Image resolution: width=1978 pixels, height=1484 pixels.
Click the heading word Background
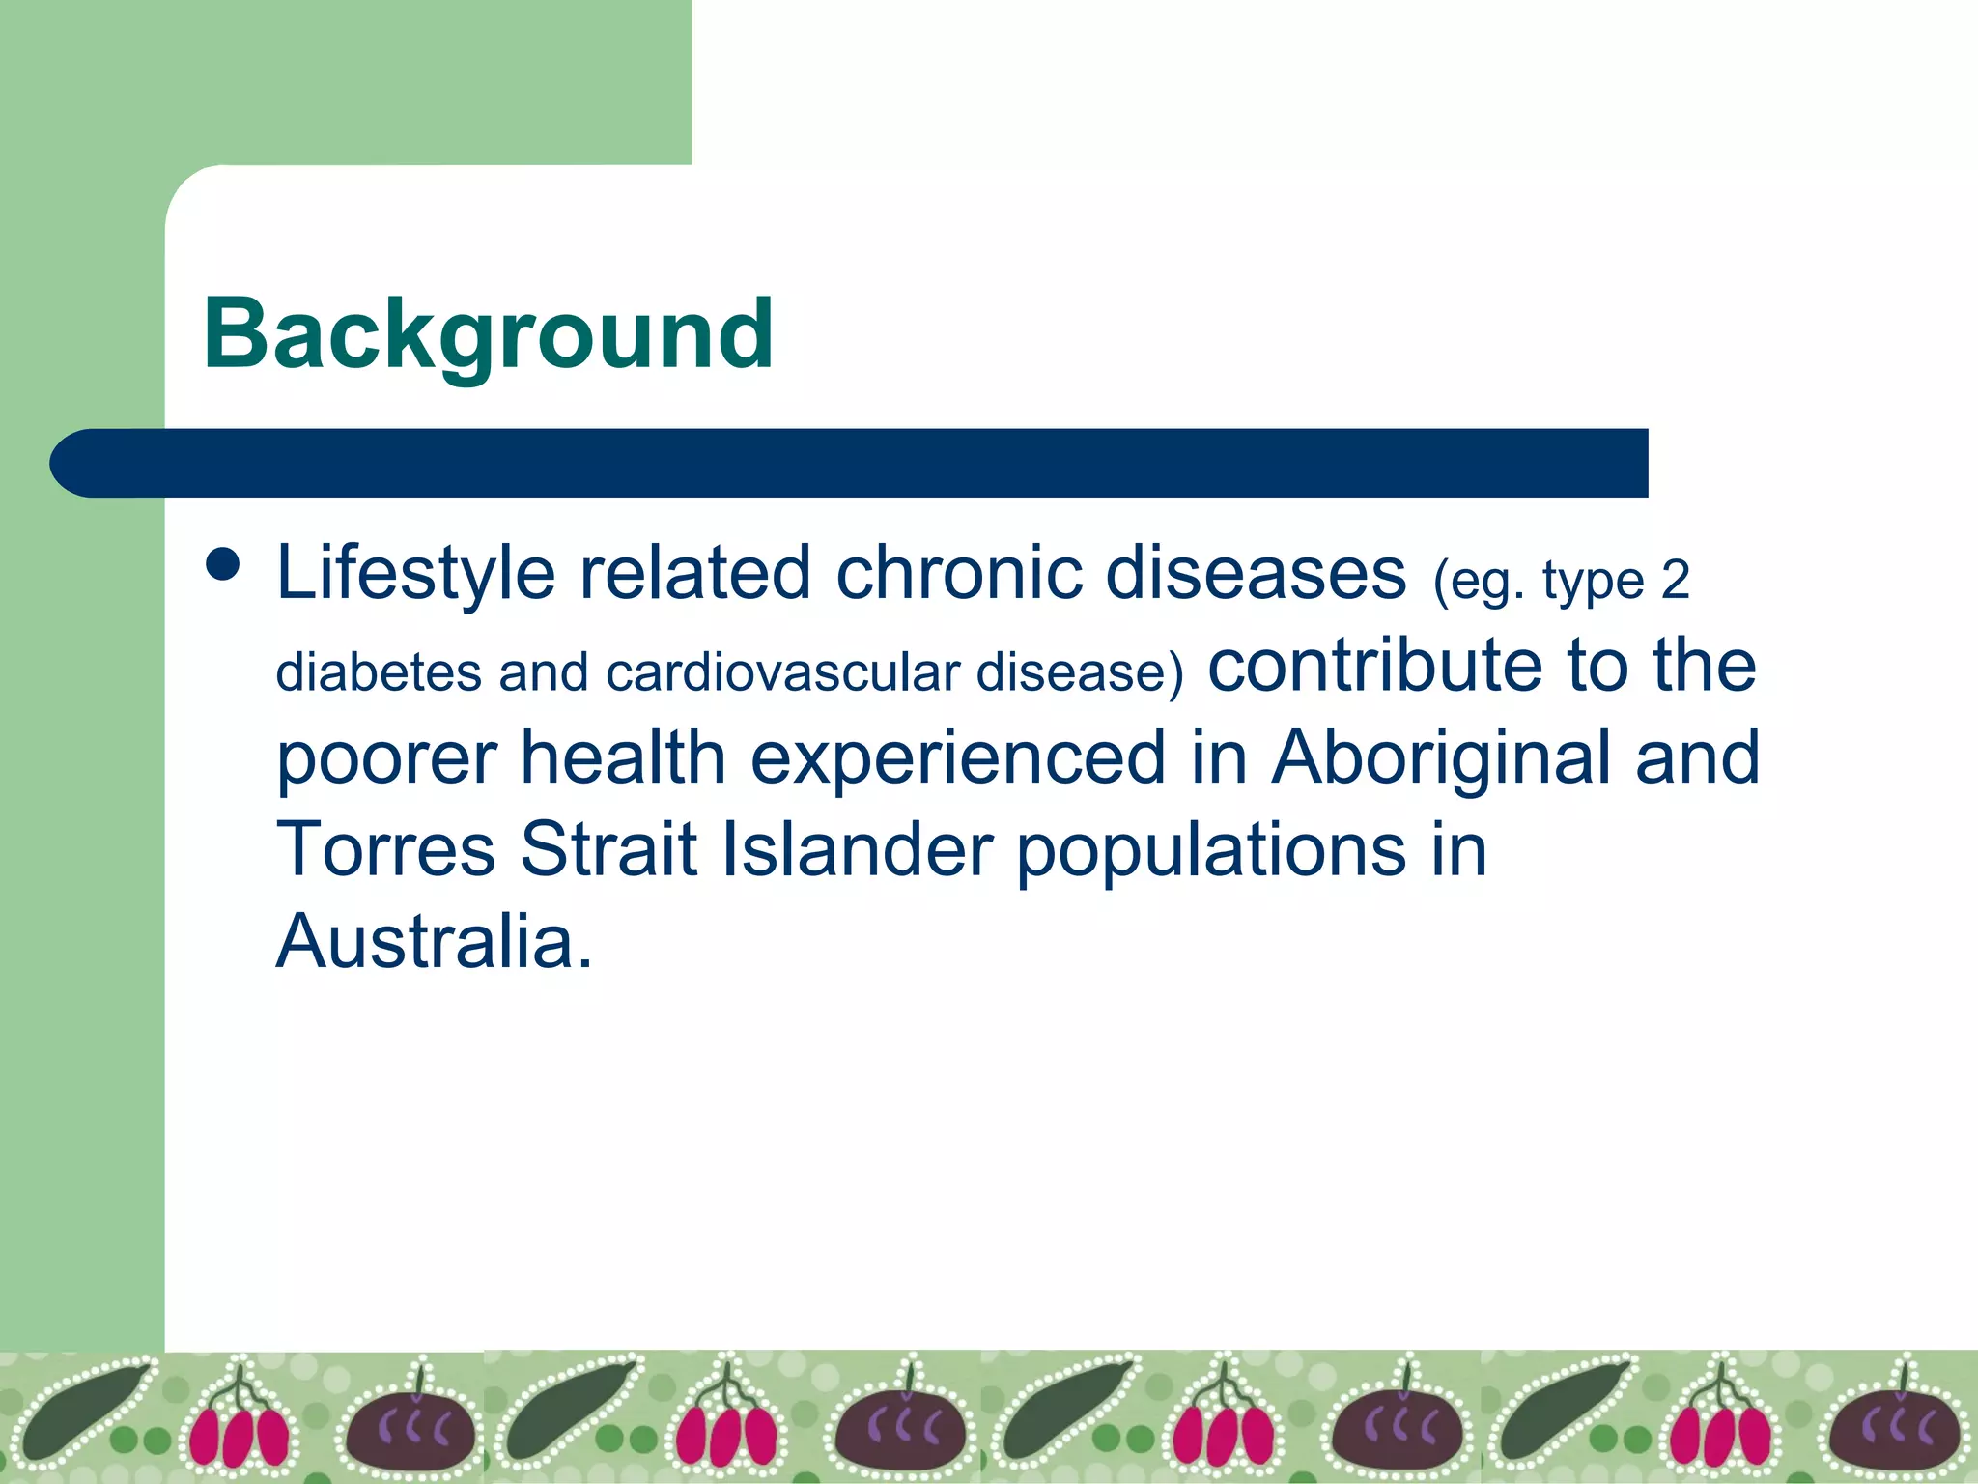pyautogui.click(x=488, y=335)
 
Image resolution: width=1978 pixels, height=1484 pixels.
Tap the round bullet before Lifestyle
pyautogui.click(x=223, y=565)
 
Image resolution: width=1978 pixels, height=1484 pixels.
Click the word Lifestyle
pyautogui.click(x=415, y=574)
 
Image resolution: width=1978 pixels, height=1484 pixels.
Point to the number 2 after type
pyautogui.click(x=1675, y=581)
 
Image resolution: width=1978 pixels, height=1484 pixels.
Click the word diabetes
pyautogui.click(x=378, y=671)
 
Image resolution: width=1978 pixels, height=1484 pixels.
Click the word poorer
pyautogui.click(x=386, y=759)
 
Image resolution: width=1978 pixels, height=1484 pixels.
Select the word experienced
pyautogui.click(x=958, y=759)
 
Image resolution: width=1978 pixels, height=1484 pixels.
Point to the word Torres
pyautogui.click(x=385, y=849)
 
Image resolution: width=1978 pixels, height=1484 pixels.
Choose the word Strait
pyautogui.click(x=608, y=849)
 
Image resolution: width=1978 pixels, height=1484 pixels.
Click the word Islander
pyautogui.click(x=858, y=849)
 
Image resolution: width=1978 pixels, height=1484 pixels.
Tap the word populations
pyautogui.click(x=1211, y=851)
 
